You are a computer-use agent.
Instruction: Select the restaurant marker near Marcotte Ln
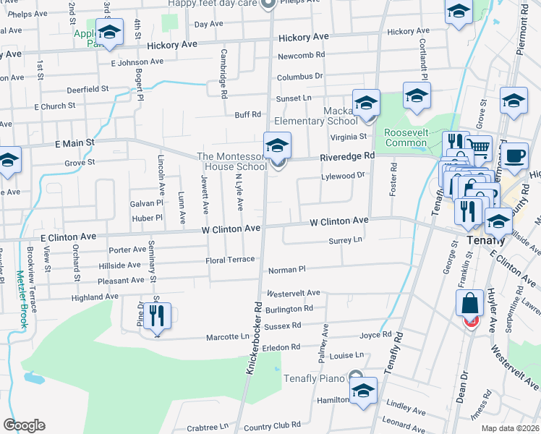(157, 316)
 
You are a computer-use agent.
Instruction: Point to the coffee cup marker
(514, 156)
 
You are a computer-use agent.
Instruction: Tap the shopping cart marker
(478, 148)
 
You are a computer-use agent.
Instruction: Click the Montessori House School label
(232, 162)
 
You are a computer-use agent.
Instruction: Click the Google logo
(24, 425)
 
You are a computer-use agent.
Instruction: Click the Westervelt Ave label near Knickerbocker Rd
(293, 293)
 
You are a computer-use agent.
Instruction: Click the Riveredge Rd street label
(348, 156)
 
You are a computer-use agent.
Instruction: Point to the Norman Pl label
(287, 269)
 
